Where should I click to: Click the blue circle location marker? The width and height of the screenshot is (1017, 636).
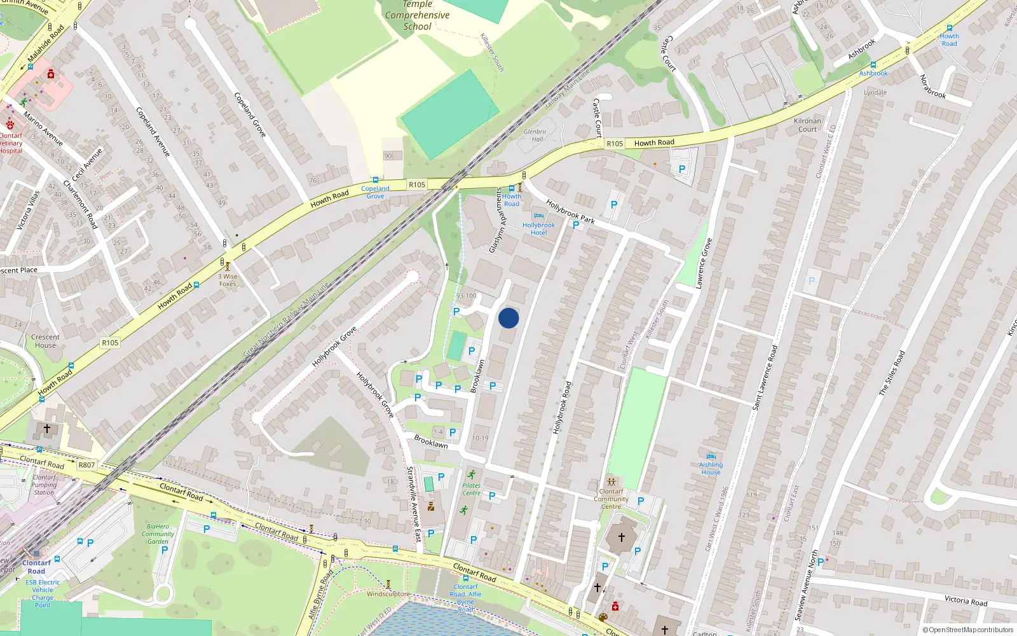click(x=508, y=318)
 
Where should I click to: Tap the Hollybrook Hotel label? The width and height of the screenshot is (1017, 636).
click(x=538, y=228)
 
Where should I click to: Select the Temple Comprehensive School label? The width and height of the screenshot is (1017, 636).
click(x=417, y=15)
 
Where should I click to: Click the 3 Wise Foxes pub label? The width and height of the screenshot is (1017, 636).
click(x=228, y=280)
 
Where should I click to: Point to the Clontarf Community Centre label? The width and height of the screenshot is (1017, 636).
click(x=611, y=499)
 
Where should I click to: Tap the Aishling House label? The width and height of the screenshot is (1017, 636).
click(x=711, y=468)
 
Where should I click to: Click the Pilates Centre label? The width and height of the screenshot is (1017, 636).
click(x=472, y=489)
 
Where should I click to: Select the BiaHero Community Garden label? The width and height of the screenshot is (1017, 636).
click(x=158, y=534)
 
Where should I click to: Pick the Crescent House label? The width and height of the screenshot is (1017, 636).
click(x=45, y=342)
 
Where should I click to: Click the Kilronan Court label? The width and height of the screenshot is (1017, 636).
click(x=807, y=125)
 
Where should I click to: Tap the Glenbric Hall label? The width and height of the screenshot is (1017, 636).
click(x=535, y=135)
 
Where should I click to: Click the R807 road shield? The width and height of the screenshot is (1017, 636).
click(x=86, y=465)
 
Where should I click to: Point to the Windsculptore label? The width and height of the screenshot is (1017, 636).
click(x=388, y=594)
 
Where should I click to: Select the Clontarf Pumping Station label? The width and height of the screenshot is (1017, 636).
click(x=44, y=485)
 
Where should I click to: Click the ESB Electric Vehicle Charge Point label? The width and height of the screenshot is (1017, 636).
click(x=43, y=593)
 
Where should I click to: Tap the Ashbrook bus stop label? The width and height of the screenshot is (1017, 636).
click(x=873, y=73)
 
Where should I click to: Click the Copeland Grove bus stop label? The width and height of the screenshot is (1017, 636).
click(x=375, y=192)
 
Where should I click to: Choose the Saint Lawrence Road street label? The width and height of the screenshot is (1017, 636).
click(x=765, y=377)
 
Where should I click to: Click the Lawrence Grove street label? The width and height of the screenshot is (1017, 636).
click(x=704, y=263)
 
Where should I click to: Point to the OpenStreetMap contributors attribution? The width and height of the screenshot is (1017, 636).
click(x=971, y=630)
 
